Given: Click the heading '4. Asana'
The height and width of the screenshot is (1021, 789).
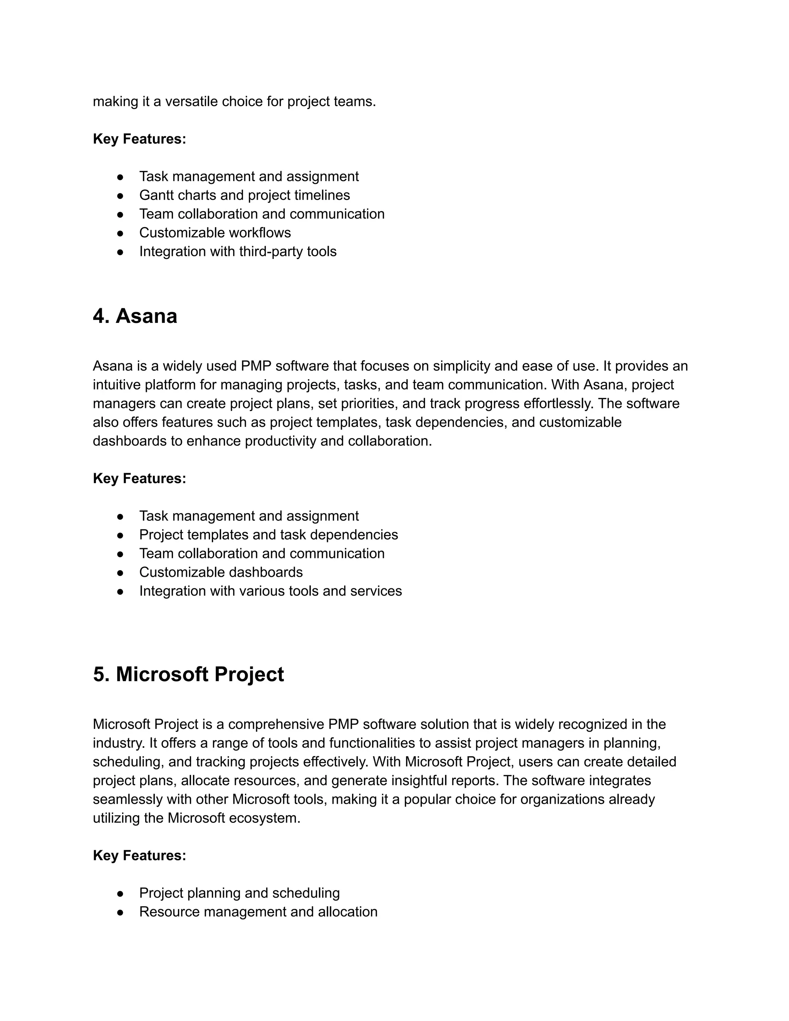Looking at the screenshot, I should coord(135,316).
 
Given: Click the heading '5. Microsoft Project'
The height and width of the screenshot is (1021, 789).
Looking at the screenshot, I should coord(188,675).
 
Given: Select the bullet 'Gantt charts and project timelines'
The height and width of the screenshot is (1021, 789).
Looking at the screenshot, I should coord(245,195).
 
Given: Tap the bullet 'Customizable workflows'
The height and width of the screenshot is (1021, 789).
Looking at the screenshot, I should coord(215,232).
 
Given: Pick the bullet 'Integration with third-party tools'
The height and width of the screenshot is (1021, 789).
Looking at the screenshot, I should coord(237,252).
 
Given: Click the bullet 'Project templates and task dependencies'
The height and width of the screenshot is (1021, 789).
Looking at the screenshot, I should coord(268,534).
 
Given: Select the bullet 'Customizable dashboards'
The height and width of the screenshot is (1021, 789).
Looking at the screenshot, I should coord(221,572).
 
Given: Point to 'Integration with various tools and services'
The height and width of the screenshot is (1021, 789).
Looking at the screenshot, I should coord(270,591).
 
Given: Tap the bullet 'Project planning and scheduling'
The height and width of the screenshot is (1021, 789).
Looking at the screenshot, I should coord(239,893).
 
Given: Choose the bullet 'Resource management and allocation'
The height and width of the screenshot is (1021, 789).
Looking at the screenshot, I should coord(258,912).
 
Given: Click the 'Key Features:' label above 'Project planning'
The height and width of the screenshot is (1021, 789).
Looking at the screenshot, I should coord(139,855).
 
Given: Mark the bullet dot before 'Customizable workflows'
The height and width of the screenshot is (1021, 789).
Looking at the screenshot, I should coord(120,233).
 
